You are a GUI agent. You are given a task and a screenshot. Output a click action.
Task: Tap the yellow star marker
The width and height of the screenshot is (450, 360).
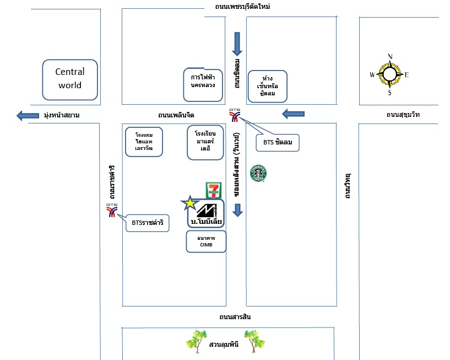coord(189,203)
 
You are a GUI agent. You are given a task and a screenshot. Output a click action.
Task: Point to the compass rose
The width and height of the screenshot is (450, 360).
coord(390,74)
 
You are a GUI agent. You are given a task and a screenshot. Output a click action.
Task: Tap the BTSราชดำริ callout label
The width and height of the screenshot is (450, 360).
coord(147,223)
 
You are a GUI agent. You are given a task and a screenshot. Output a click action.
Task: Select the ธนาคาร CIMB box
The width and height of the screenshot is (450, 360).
coord(206,241)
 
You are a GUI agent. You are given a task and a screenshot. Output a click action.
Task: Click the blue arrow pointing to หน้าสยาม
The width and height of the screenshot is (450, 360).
coord(26,116)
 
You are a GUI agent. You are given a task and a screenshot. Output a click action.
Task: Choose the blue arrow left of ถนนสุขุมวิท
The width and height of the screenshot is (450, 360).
coord(293,114)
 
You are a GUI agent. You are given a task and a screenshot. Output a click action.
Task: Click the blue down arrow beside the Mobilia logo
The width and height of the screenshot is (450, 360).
coord(237,210)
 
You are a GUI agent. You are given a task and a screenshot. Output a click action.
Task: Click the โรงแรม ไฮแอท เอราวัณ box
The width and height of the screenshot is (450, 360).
coord(143,142)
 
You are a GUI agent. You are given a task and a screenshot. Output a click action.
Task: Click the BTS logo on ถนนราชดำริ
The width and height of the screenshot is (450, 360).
coord(112,211)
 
